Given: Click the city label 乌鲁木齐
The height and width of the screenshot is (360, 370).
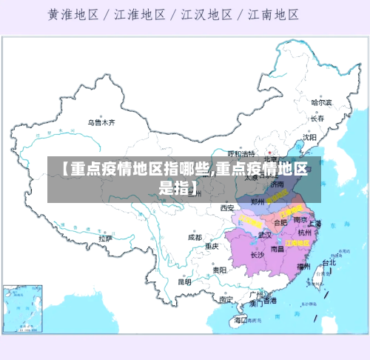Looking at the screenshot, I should [x=101, y=121].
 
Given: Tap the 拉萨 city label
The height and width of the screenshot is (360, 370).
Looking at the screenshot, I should [x=104, y=239].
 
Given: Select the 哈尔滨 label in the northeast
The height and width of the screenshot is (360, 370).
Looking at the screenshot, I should [x=321, y=102].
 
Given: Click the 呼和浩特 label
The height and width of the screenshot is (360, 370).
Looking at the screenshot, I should [x=240, y=153].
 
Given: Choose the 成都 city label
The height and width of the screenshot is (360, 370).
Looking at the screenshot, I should [x=195, y=238].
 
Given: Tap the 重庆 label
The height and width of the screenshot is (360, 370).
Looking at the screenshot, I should [x=212, y=246].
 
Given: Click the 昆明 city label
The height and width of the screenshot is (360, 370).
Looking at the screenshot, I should [x=184, y=281].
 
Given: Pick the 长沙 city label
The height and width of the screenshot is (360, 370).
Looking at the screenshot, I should [x=257, y=255].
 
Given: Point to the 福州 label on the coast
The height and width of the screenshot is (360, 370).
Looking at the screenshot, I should [x=303, y=265].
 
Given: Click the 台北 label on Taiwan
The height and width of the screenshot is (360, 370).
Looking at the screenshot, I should [x=328, y=262].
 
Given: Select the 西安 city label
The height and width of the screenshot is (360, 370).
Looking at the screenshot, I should [x=226, y=208].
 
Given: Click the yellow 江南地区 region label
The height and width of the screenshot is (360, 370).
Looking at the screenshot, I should [x=297, y=242].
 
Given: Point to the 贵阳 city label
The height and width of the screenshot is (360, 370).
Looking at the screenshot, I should [x=219, y=270].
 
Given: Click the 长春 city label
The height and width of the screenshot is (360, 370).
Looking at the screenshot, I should [x=317, y=119].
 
